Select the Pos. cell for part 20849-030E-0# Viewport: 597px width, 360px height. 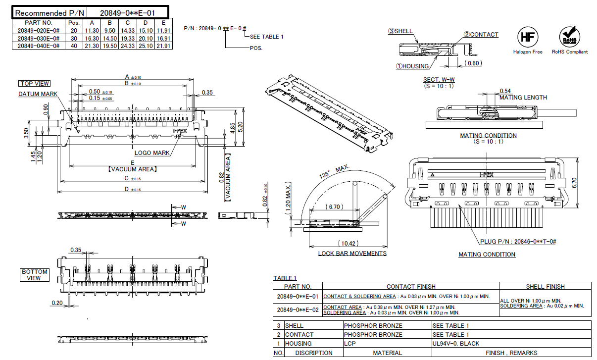74,38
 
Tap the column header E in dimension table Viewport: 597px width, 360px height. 163,23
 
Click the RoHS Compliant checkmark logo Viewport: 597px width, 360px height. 569,37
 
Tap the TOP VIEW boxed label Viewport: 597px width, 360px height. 35,84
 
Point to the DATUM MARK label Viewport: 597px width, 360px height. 38,94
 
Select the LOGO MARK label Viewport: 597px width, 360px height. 152,153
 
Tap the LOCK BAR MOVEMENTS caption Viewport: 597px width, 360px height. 352,254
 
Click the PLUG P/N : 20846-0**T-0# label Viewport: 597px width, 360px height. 518,242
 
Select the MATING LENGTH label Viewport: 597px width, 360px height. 523,98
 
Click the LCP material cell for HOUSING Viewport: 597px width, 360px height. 350,343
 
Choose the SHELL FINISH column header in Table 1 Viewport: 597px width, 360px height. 545,286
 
